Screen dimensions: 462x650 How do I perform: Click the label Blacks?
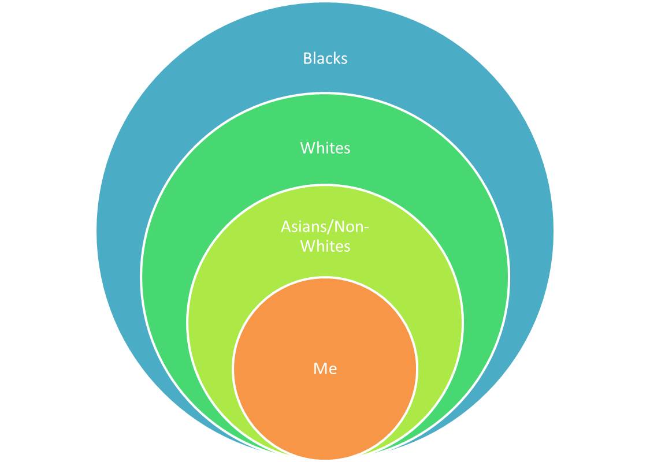point(325,58)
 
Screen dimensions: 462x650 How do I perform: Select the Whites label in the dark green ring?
point(325,148)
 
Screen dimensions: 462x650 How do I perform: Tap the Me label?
point(325,368)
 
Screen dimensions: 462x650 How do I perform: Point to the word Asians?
point(303,227)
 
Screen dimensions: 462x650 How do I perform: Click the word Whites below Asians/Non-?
point(325,247)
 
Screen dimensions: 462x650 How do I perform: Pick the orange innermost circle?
point(325,404)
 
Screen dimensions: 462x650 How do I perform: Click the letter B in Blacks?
point(307,58)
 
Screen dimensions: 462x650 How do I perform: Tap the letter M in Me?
point(318,368)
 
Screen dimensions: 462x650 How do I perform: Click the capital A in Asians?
point(285,227)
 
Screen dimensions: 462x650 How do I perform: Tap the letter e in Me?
point(332,370)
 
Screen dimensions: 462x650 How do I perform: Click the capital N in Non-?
point(337,227)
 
